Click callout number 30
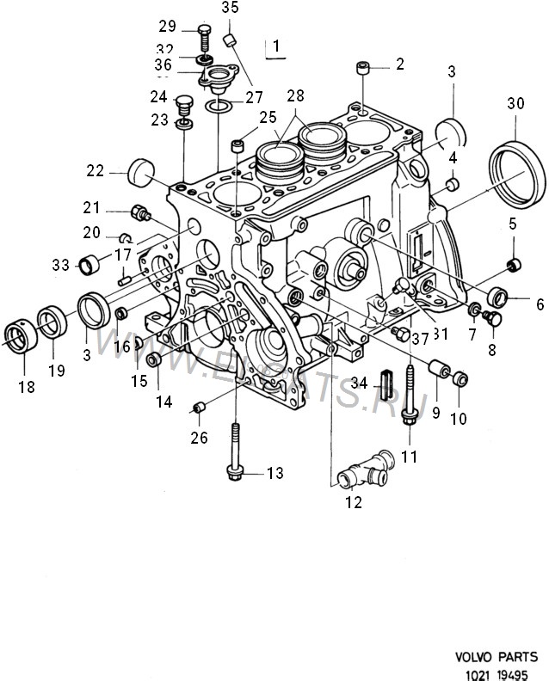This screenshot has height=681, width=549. (x=515, y=104)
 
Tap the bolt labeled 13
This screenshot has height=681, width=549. (x=235, y=456)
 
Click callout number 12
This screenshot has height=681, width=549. (x=355, y=503)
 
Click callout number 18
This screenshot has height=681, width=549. (x=26, y=387)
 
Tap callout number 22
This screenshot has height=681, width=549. (x=95, y=172)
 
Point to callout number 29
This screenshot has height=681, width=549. (x=167, y=25)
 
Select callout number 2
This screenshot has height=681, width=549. (x=399, y=64)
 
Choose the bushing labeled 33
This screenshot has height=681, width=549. (x=90, y=264)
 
